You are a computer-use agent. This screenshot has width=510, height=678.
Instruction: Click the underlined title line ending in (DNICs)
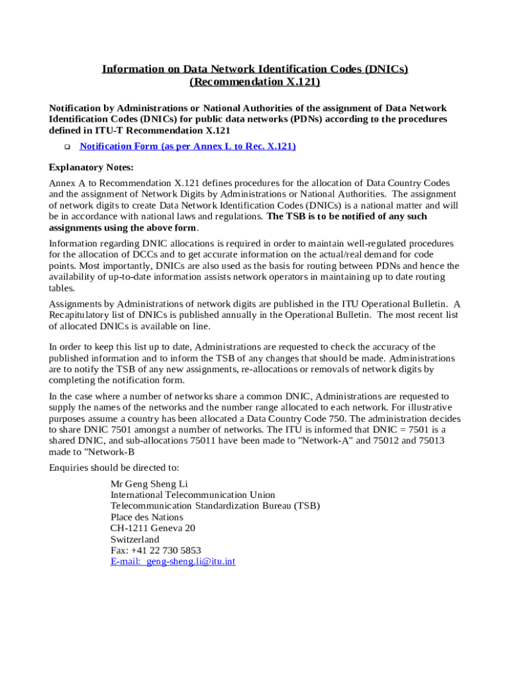tap(254, 69)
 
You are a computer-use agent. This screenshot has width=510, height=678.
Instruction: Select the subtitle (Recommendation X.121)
tap(254, 81)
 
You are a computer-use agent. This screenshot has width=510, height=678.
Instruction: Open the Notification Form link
tap(187, 146)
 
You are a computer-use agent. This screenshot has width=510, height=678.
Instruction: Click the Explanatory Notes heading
tap(91, 167)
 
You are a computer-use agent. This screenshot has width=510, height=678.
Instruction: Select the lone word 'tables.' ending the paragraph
tap(62, 288)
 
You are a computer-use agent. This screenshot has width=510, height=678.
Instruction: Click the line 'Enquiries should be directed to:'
tap(114, 468)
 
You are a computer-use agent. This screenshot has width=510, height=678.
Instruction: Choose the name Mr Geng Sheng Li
tap(149, 483)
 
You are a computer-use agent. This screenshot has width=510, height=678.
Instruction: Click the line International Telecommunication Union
tap(192, 495)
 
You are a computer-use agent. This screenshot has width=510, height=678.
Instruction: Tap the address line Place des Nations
tap(146, 517)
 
